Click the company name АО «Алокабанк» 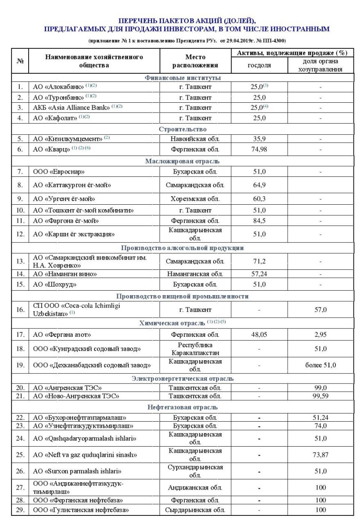(x=58, y=87)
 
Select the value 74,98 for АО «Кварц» (x=259, y=149)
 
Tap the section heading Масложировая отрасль (x=182, y=161)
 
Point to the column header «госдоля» (x=259, y=65)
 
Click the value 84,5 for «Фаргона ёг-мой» (x=259, y=221)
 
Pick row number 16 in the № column (x=20, y=309)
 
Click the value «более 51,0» (x=320, y=365)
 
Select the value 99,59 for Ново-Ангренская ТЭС (x=320, y=396)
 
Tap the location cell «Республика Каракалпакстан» (x=196, y=349)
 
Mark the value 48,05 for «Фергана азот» (x=259, y=334)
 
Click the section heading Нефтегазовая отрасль (x=182, y=407)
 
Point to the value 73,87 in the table (x=320, y=455)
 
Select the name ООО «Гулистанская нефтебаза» (x=81, y=510)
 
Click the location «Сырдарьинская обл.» (x=196, y=510)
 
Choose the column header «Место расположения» (x=195, y=61)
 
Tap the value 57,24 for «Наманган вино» (x=259, y=274)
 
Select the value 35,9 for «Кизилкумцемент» (x=259, y=139)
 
